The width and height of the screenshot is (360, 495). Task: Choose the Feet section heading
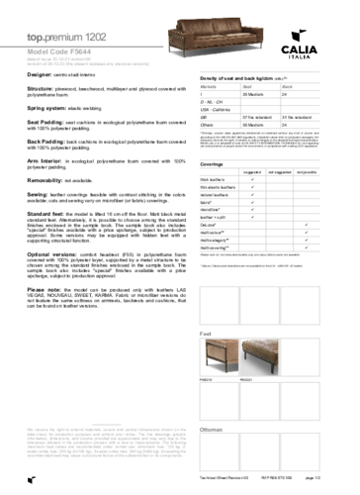[x=206, y=334]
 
